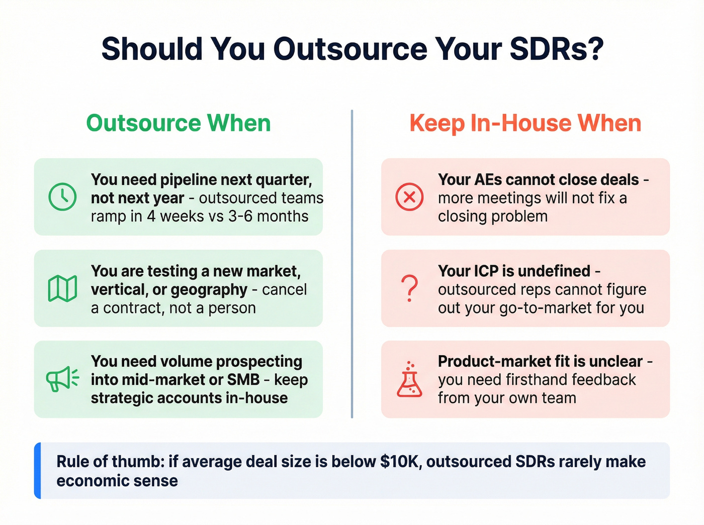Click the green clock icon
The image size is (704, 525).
click(x=62, y=197)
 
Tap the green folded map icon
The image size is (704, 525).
click(x=62, y=288)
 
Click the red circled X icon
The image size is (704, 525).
click(x=409, y=197)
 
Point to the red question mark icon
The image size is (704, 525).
click(x=410, y=288)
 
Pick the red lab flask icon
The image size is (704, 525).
click(x=410, y=379)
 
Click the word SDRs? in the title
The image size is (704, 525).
click(x=556, y=49)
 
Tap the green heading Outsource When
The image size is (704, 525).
click(x=179, y=123)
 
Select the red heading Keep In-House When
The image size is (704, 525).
click(x=525, y=123)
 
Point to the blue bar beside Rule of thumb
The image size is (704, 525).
click(x=38, y=470)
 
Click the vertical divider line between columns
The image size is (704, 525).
click(x=352, y=264)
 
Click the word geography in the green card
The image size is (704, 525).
click(x=209, y=289)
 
